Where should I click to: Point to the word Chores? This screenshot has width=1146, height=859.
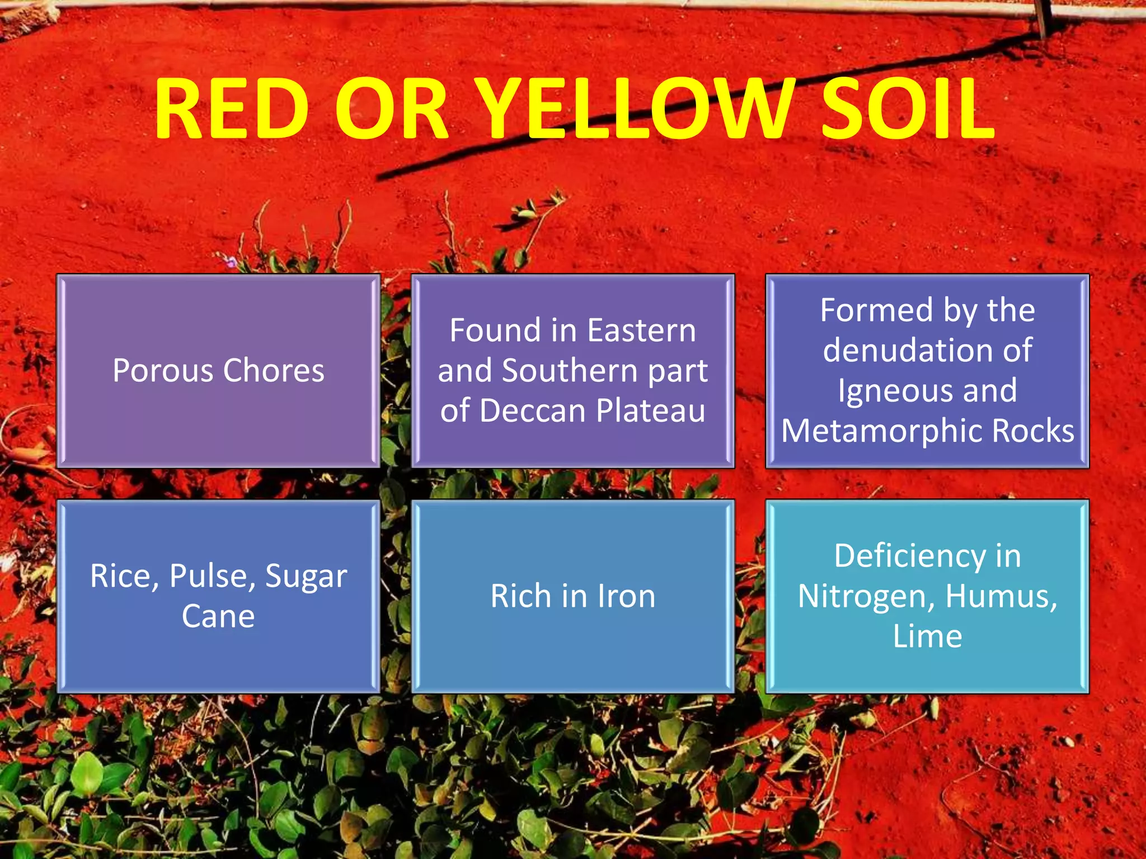tap(274, 371)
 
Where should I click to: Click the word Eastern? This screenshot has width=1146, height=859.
tap(641, 331)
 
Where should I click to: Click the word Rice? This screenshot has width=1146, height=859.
tap(120, 576)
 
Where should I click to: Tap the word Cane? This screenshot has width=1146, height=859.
tap(218, 616)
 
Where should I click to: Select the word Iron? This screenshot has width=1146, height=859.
tap(626, 596)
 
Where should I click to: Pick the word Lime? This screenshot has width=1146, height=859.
tap(927, 636)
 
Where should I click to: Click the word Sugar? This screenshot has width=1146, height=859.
tap(306, 576)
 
